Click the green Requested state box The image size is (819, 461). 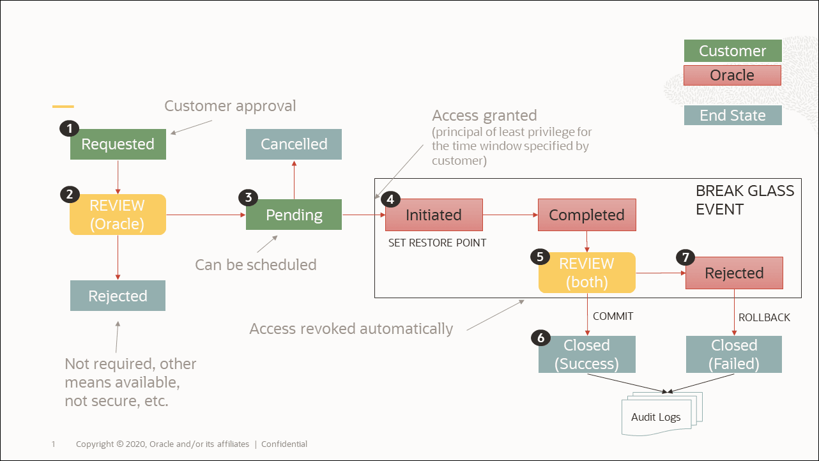[118, 144]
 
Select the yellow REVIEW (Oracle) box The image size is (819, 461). [118, 215]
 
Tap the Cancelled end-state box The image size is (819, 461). [294, 144]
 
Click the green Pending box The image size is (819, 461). [294, 215]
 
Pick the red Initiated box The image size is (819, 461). [434, 215]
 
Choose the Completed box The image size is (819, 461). [586, 215]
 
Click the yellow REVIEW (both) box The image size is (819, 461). [586, 273]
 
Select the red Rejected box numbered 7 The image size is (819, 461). [734, 273]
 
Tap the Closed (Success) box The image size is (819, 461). [586, 354]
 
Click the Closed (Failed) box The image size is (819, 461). [734, 354]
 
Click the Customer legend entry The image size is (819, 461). [732, 51]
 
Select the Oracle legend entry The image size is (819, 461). [732, 75]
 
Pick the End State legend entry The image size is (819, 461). [732, 116]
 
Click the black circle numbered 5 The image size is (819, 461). [540, 257]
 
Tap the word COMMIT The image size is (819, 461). [613, 316]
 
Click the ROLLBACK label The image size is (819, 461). [764, 317]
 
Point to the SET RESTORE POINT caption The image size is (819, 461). [437, 243]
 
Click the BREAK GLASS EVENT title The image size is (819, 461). [744, 199]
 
